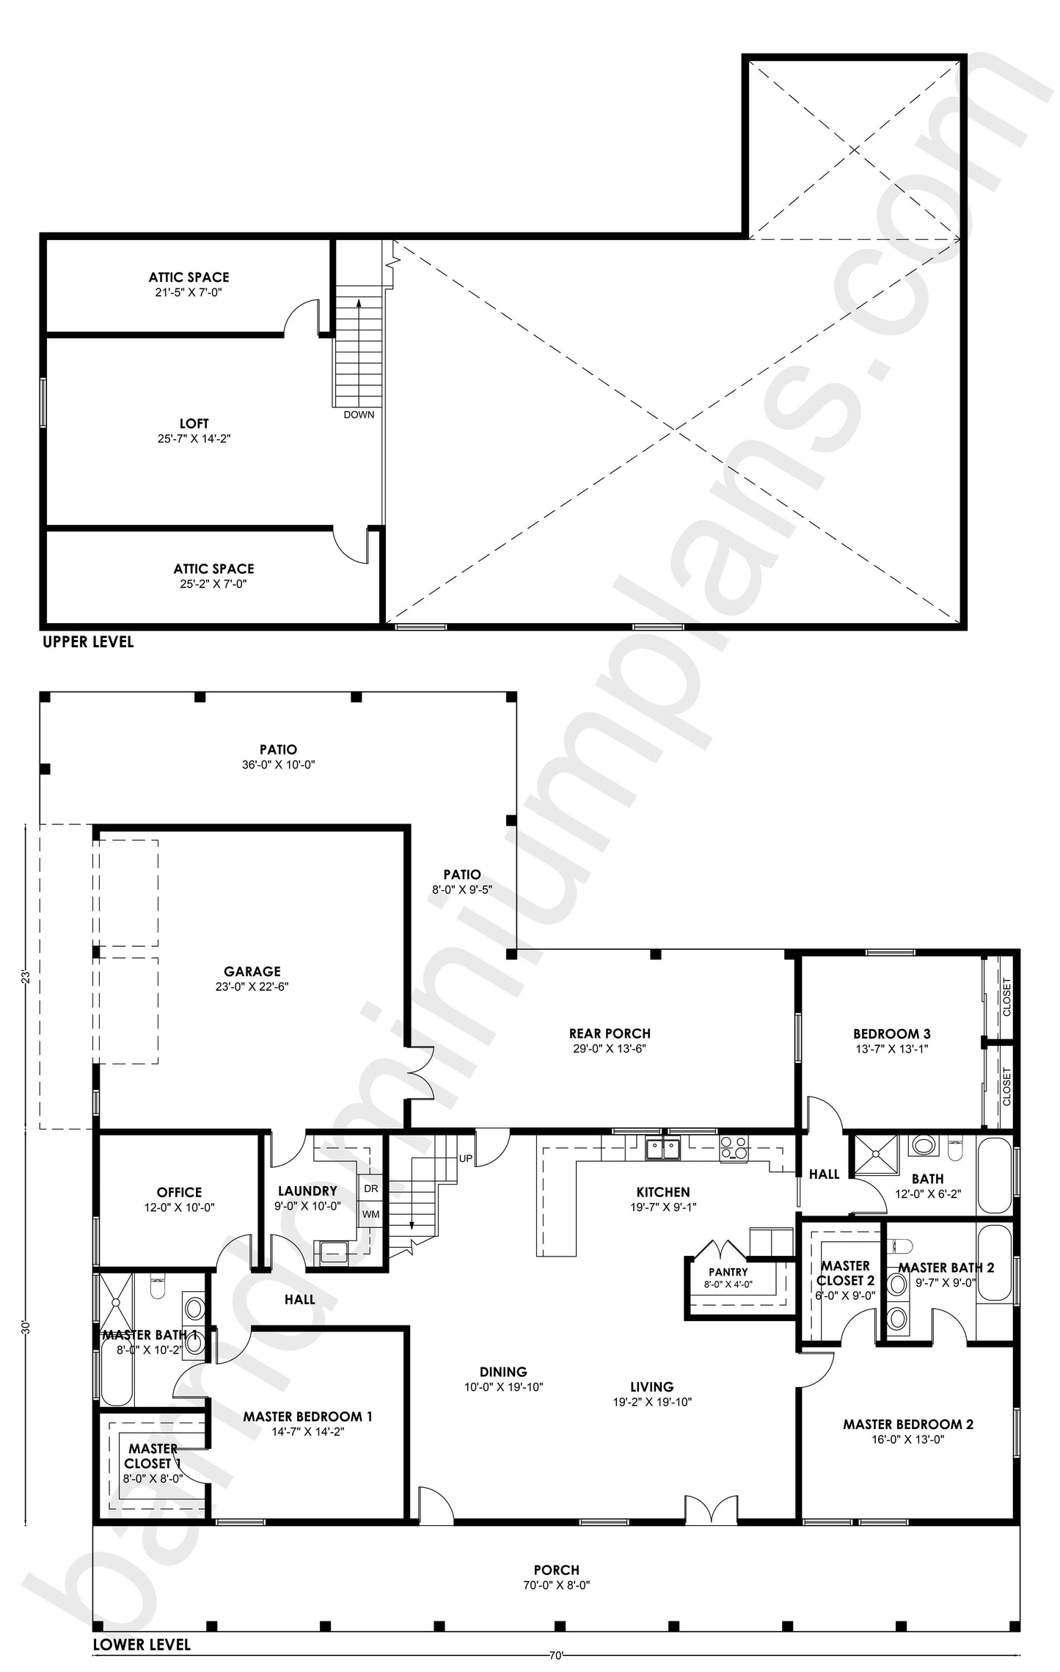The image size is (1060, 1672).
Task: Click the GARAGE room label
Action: click(252, 971)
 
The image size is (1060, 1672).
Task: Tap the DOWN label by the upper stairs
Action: click(359, 415)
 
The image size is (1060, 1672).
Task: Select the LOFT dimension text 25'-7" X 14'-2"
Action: click(194, 439)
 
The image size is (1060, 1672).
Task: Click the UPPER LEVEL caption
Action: click(88, 641)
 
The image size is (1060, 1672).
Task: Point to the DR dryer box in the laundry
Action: click(370, 1188)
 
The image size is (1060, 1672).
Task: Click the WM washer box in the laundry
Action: click(370, 1214)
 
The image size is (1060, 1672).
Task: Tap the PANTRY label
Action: click(728, 1272)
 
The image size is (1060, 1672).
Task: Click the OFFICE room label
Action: click(179, 1192)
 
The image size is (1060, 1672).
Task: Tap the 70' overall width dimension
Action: click(555, 1655)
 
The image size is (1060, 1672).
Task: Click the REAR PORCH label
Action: click(610, 1033)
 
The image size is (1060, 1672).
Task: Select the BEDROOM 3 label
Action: click(892, 1033)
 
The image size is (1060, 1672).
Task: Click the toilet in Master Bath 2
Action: click(901, 1246)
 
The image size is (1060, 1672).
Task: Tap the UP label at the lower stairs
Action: click(465, 1158)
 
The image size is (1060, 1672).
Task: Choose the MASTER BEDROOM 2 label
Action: click(907, 1424)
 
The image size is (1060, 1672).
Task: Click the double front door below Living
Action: click(710, 1505)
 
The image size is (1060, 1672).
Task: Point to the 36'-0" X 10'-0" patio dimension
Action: click(278, 764)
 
